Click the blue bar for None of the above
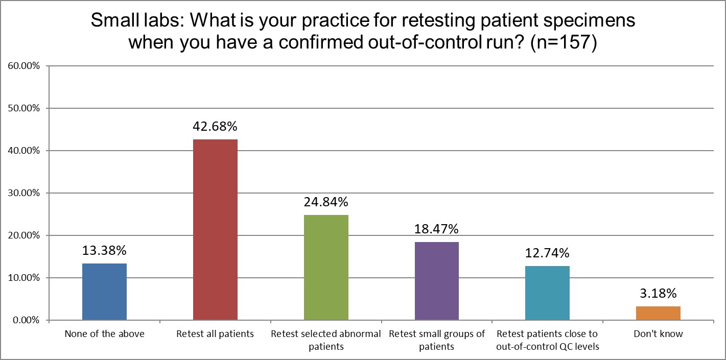pyautogui.click(x=104, y=292)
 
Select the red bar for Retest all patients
pyautogui.click(x=215, y=230)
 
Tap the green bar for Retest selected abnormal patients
pyautogui.click(x=326, y=268)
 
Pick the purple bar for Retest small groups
pyautogui.click(x=436, y=281)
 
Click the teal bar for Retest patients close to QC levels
pyautogui.click(x=547, y=293)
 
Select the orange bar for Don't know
pyautogui.click(x=658, y=313)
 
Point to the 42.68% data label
pyautogui.click(x=215, y=127)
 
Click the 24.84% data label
pyautogui.click(x=326, y=202)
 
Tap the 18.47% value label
pyautogui.click(x=436, y=229)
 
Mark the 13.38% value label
pyautogui.click(x=104, y=251)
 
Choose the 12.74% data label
pyautogui.click(x=547, y=253)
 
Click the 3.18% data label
pyautogui.click(x=658, y=294)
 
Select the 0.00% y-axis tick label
pyautogui.click(x=25, y=320)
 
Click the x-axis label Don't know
pyautogui.click(x=658, y=334)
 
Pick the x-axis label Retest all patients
pyautogui.click(x=215, y=334)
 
